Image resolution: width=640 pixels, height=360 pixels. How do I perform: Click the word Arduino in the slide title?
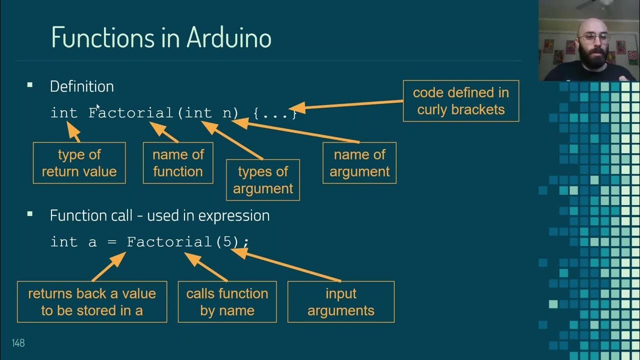click(x=229, y=37)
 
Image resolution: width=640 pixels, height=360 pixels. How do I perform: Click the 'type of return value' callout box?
click(x=79, y=163)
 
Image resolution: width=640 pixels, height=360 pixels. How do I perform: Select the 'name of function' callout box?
click(x=178, y=163)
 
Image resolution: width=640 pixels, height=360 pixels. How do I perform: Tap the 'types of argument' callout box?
click(x=263, y=180)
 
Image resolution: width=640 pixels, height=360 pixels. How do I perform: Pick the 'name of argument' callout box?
click(x=359, y=163)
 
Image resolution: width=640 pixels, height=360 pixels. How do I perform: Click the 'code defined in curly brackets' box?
click(x=461, y=101)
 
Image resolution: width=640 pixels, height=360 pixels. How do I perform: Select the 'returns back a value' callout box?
click(x=92, y=301)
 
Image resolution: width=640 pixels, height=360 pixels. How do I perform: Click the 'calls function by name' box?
click(x=227, y=301)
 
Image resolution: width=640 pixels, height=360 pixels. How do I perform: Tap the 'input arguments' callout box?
click(x=341, y=301)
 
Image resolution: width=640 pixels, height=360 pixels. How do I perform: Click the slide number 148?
click(x=18, y=343)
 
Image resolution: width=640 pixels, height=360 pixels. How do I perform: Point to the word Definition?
click(x=82, y=86)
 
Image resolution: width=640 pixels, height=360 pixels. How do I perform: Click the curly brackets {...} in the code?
click(x=275, y=113)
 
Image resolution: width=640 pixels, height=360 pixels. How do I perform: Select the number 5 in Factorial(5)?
click(x=227, y=242)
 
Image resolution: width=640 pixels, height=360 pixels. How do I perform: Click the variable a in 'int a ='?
click(x=92, y=243)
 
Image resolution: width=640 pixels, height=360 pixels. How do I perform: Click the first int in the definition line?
click(x=64, y=113)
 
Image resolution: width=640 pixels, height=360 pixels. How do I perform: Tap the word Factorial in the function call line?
click(x=170, y=242)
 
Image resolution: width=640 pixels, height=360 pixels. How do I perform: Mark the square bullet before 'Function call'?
click(x=30, y=214)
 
